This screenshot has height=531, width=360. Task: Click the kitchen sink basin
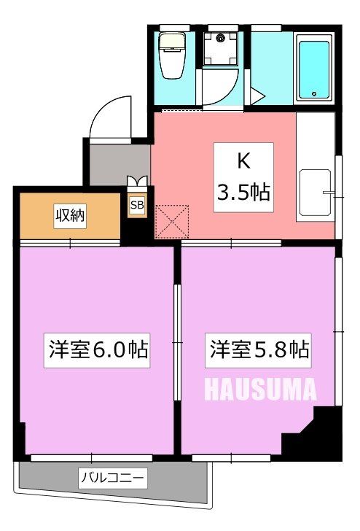tap(314, 193)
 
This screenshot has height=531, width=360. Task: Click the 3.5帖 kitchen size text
tap(243, 192)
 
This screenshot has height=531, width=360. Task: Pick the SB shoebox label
tap(137, 206)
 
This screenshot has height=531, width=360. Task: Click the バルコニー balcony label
tap(113, 478)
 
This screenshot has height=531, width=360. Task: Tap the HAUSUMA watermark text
tap(261, 389)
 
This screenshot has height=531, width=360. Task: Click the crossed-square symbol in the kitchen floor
tap(172, 222)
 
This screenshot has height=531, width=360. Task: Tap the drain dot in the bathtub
tap(315, 93)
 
